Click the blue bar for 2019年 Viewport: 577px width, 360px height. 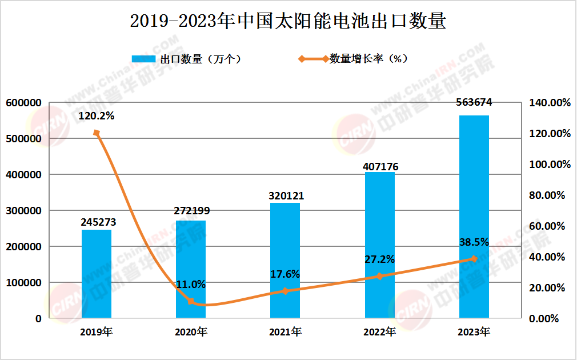[x=97, y=274]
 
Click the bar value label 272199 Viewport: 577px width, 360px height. [x=191, y=211]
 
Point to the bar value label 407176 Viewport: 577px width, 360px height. [x=380, y=167]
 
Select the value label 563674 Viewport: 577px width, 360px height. [x=474, y=103]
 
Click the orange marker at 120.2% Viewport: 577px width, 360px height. [x=97, y=133]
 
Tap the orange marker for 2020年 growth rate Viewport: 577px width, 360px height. [x=191, y=301]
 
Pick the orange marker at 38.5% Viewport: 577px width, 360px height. [x=474, y=259]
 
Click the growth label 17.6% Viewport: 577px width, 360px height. [x=285, y=274]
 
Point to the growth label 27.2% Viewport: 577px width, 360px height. [x=379, y=259]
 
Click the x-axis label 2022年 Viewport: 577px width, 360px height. [x=379, y=331]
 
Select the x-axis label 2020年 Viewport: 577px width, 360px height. [x=191, y=331]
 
